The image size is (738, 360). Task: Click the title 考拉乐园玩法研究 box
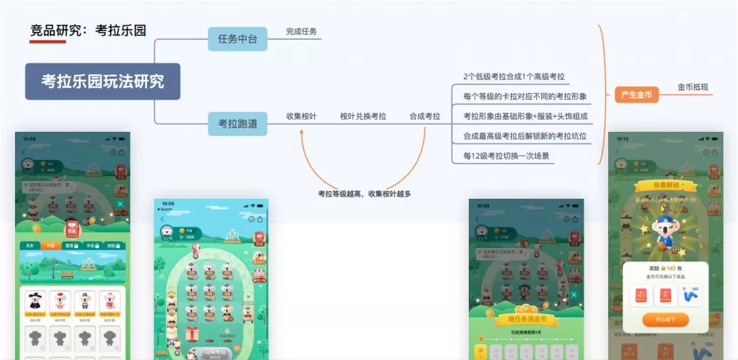(102, 81)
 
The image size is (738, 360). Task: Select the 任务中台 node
(237, 39)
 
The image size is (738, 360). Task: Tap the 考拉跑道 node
(237, 124)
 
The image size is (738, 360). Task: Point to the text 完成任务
(301, 31)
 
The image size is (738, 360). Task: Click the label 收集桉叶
(301, 116)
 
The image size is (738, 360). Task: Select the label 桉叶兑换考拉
(363, 116)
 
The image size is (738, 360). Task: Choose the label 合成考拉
(424, 116)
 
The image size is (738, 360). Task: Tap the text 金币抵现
(693, 87)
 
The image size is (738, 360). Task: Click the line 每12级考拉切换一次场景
(506, 156)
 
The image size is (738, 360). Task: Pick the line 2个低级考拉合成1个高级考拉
(514, 77)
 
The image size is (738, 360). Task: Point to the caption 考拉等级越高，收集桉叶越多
(364, 193)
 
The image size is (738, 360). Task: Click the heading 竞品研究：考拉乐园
(88, 30)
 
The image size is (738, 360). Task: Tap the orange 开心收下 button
(665, 320)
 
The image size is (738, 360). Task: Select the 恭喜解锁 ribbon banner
(665, 186)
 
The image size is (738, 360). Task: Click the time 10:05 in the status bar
(168, 204)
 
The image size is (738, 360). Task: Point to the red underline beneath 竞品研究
(48, 42)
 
